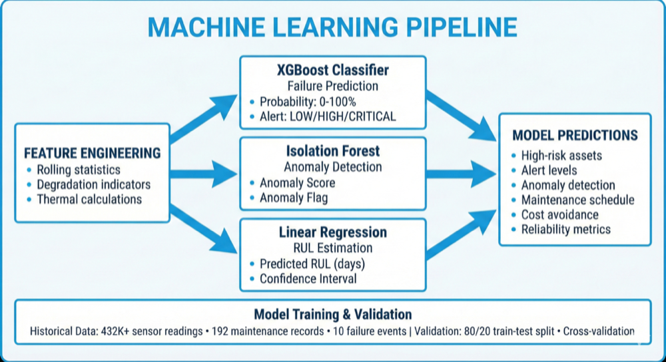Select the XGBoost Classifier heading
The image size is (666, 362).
point(332,70)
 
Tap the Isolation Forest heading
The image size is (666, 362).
point(332,152)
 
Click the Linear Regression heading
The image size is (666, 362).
point(332,233)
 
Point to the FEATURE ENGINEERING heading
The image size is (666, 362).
point(93,153)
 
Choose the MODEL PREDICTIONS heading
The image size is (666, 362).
point(575,136)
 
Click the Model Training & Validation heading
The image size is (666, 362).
point(332,314)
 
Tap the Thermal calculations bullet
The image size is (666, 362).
point(89,199)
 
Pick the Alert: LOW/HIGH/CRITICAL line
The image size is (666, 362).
point(327,116)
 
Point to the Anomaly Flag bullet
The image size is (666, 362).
point(293,198)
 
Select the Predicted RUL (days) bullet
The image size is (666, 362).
point(312,264)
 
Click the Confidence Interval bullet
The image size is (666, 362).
point(308,279)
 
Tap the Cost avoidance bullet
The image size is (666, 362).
point(559,214)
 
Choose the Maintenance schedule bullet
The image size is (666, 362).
point(577,200)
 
